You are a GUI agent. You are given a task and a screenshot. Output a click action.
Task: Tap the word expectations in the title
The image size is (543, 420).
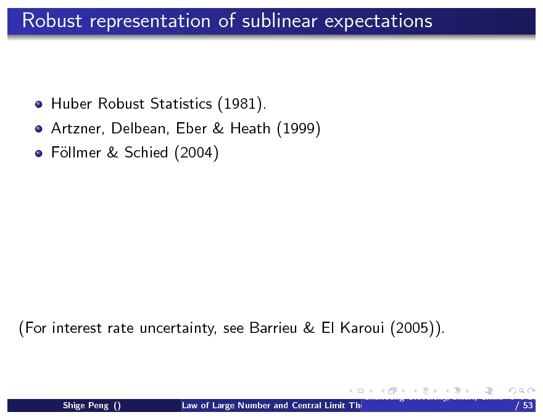click(x=378, y=21)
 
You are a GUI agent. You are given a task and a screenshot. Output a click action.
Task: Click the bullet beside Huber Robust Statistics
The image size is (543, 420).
click(x=38, y=104)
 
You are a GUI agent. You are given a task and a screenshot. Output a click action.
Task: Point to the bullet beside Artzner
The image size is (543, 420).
click(x=38, y=129)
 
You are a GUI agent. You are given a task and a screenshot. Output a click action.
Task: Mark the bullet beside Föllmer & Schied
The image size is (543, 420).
click(x=38, y=153)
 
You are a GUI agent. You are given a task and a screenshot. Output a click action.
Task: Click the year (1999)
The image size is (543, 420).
click(x=298, y=128)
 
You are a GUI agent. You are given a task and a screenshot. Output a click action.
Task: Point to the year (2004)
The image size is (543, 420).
click(x=196, y=153)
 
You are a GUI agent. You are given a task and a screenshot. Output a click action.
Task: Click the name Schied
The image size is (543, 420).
click(x=146, y=153)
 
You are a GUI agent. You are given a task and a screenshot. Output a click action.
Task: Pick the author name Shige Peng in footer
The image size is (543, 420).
click(x=92, y=406)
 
